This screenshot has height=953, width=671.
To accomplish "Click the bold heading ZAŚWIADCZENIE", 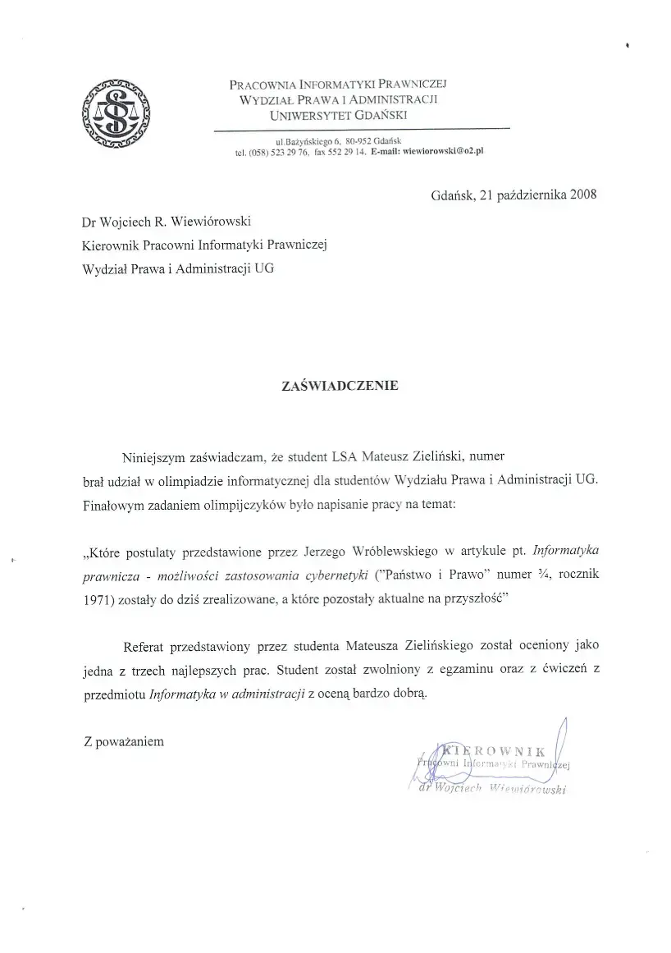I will point(340,384).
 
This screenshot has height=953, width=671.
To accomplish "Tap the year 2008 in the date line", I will point(583,195).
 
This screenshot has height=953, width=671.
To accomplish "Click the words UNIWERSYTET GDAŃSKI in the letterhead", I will point(344,115).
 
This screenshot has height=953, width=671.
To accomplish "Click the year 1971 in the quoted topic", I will point(98,598).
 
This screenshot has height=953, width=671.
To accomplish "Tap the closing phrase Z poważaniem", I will point(124,741).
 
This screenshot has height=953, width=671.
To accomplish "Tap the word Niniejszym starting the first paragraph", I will point(153,457).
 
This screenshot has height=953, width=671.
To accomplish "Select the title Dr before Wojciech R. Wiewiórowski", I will point(89,222).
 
